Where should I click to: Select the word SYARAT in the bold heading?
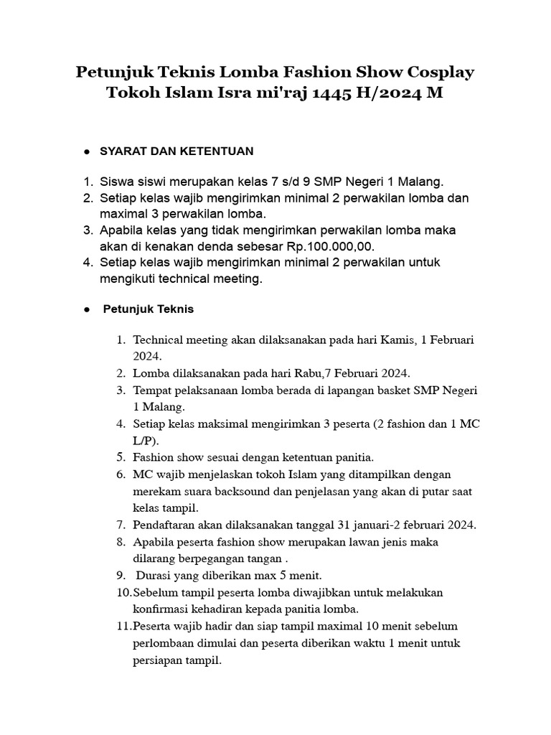click(x=123, y=151)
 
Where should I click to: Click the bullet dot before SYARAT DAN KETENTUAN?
click(x=86, y=152)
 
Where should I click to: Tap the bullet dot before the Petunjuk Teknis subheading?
click(x=86, y=310)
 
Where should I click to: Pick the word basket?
click(x=390, y=390)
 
